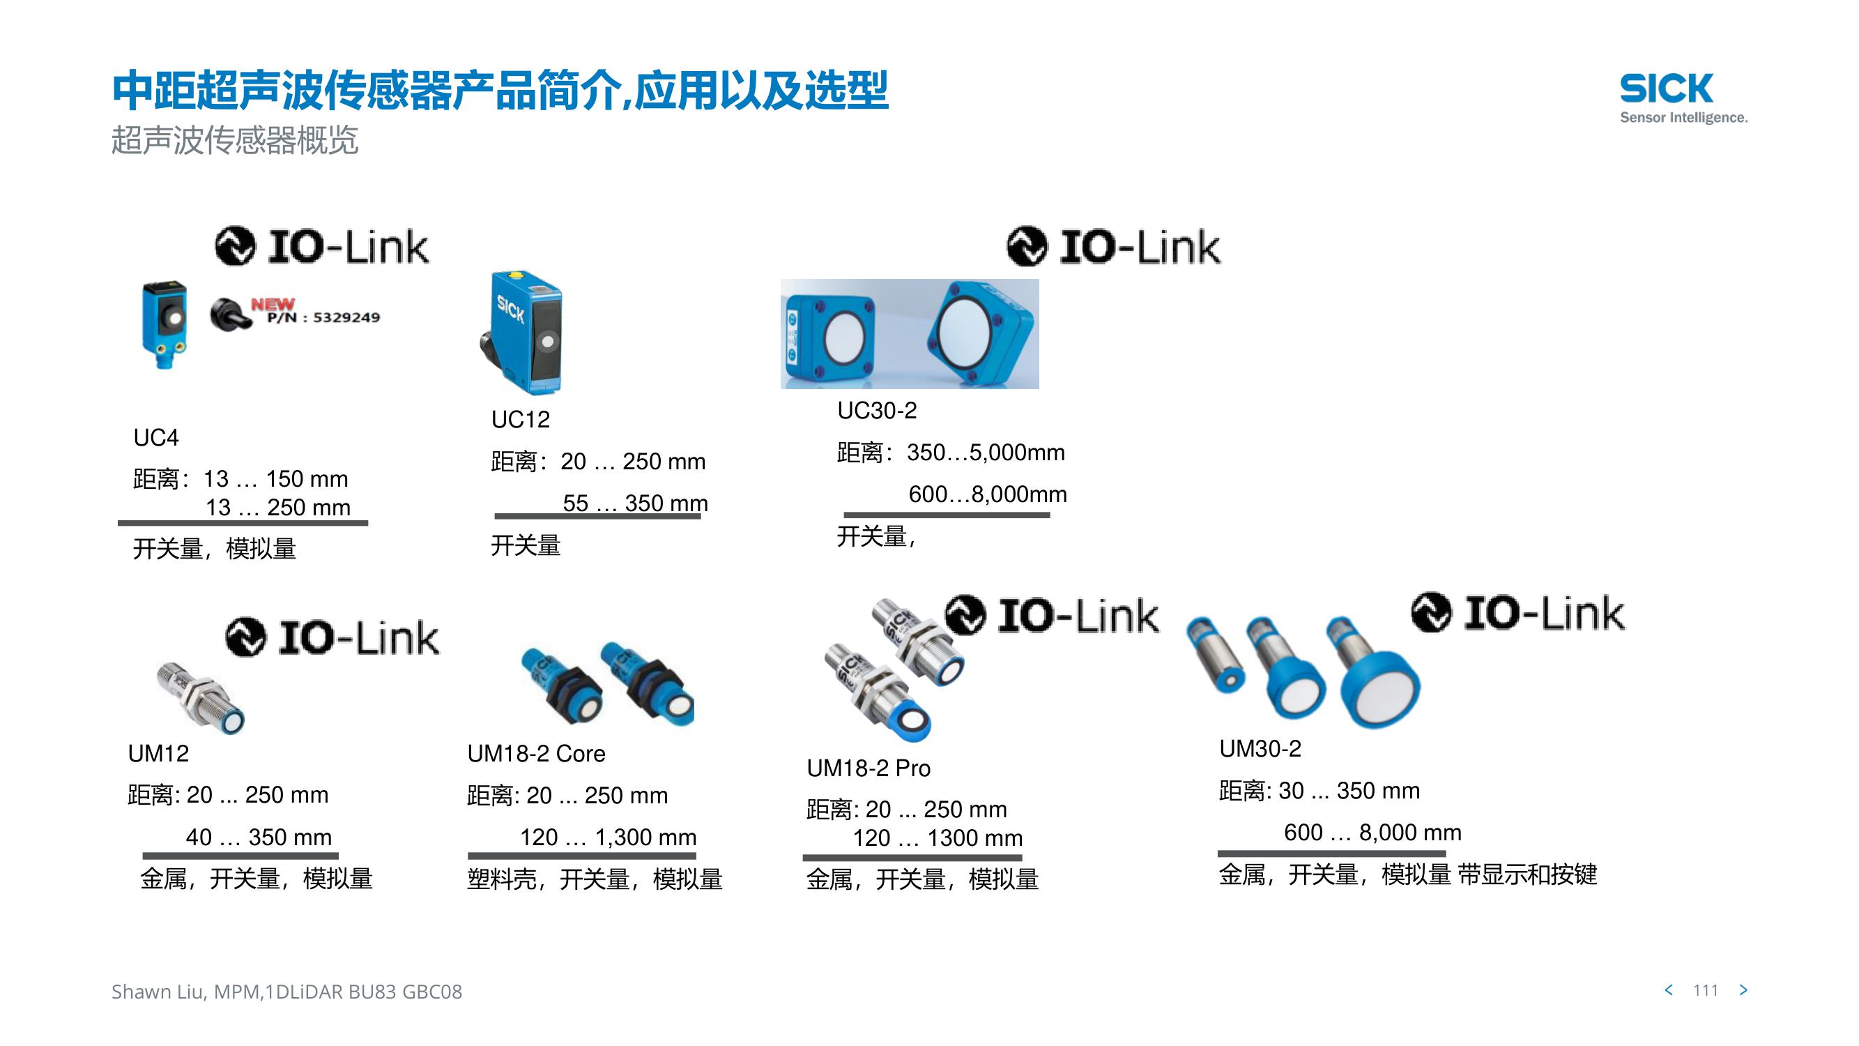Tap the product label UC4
[156, 437]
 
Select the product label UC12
[520, 419]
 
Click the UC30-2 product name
[877, 410]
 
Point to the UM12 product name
[158, 753]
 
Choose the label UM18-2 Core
[536, 753]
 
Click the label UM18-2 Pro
[868, 767]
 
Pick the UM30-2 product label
[1260, 748]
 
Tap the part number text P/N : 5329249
[323, 317]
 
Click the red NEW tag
[273, 304]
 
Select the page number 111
[1705, 990]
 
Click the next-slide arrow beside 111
[1743, 990]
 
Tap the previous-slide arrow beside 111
[1669, 990]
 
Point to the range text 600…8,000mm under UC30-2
[987, 494]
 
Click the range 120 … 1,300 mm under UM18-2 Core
[609, 837]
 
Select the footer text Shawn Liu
[158, 992]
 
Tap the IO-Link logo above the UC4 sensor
[322, 246]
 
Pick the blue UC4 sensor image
[165, 325]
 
